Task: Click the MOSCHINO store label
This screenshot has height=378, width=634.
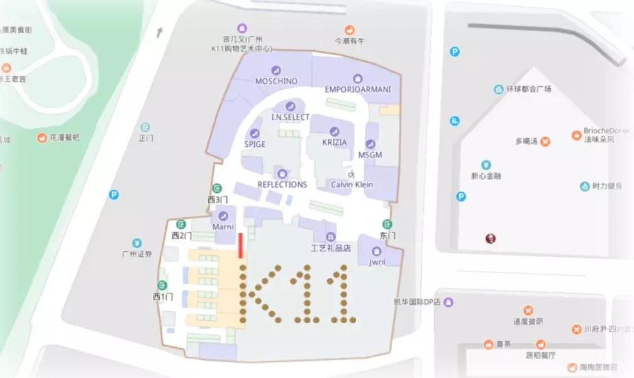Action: click(x=276, y=81)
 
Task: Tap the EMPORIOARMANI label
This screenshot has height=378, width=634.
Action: click(x=357, y=89)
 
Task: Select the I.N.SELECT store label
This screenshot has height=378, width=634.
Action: click(x=290, y=117)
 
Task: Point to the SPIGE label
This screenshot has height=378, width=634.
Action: click(x=255, y=144)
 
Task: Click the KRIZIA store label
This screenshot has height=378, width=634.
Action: click(x=334, y=143)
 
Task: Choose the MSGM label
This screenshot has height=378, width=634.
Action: click(x=370, y=155)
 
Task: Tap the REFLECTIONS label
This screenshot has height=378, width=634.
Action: click(x=282, y=185)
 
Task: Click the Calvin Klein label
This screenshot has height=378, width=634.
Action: click(x=352, y=185)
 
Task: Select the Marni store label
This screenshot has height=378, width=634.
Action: click(x=223, y=227)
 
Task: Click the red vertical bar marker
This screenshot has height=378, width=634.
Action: click(x=240, y=245)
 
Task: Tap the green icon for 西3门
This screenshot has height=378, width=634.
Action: click(x=216, y=188)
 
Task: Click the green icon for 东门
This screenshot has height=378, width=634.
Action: click(x=387, y=224)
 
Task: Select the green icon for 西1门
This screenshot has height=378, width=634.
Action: click(x=162, y=285)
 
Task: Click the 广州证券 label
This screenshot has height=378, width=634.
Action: click(x=137, y=255)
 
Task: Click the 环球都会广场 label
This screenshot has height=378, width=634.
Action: click(x=528, y=89)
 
